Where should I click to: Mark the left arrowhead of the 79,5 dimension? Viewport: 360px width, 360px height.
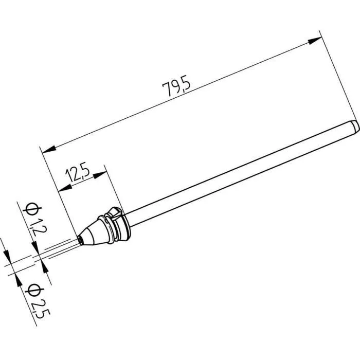point(48,150)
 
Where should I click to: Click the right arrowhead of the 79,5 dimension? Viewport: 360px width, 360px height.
point(314,40)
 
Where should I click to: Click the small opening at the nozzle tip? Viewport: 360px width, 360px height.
point(80,238)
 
